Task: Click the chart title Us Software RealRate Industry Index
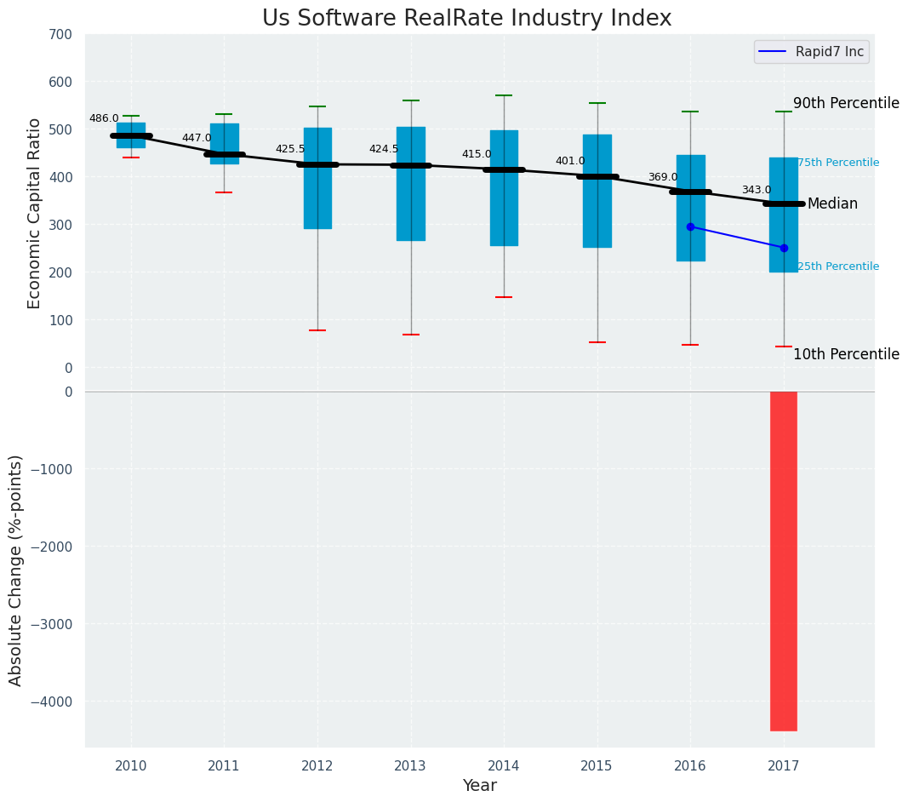point(466,19)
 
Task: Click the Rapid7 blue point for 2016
point(690,226)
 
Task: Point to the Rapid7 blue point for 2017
point(784,248)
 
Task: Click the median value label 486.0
point(104,118)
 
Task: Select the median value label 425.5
point(290,149)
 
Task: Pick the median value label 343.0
point(757,190)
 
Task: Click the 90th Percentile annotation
point(846,103)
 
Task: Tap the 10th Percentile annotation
point(846,354)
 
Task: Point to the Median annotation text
point(832,204)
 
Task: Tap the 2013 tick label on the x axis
point(411,765)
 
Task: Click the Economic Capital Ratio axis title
point(35,213)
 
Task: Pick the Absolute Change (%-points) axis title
point(16,570)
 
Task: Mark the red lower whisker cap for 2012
point(317,330)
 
